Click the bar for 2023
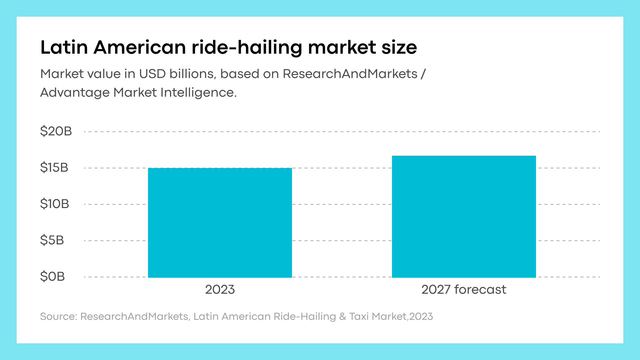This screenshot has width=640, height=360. (x=220, y=223)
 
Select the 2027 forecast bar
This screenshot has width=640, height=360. (x=464, y=217)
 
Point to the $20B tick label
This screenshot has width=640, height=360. (x=56, y=131)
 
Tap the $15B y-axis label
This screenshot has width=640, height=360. (x=54, y=168)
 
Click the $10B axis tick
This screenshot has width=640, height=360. (x=55, y=204)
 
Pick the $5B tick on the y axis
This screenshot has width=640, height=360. (x=52, y=240)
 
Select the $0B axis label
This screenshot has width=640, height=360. (x=52, y=277)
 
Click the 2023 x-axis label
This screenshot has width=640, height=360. (x=220, y=290)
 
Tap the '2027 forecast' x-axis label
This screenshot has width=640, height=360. (x=464, y=290)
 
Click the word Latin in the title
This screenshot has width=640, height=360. (x=64, y=47)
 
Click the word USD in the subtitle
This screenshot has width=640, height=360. (x=152, y=74)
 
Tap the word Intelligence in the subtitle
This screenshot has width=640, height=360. (x=199, y=93)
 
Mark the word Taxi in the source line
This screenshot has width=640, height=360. (x=359, y=316)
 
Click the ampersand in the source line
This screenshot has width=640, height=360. (x=343, y=317)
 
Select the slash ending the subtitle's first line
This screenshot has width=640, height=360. (x=423, y=74)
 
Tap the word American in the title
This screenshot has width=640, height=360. (x=140, y=47)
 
